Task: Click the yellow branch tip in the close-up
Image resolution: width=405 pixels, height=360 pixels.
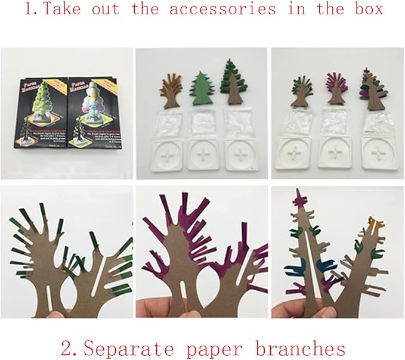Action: coord(375,224)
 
